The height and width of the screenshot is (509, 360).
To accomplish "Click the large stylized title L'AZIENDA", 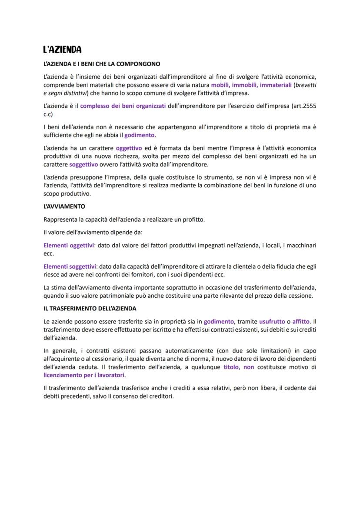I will (63, 50).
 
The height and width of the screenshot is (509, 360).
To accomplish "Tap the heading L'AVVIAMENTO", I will (64, 206).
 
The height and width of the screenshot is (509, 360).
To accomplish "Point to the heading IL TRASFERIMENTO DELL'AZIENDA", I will (90, 309).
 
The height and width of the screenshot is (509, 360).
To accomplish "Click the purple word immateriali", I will (276, 85).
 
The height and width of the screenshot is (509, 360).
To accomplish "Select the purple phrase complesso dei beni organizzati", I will (123, 106).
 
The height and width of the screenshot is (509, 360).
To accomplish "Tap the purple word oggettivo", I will (129, 149).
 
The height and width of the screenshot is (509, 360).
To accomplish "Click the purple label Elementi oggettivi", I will (69, 246).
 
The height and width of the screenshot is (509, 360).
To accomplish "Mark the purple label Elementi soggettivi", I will (70, 266).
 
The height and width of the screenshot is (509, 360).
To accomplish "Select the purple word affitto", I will (301, 322).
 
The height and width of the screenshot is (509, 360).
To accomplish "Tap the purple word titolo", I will (230, 367).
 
